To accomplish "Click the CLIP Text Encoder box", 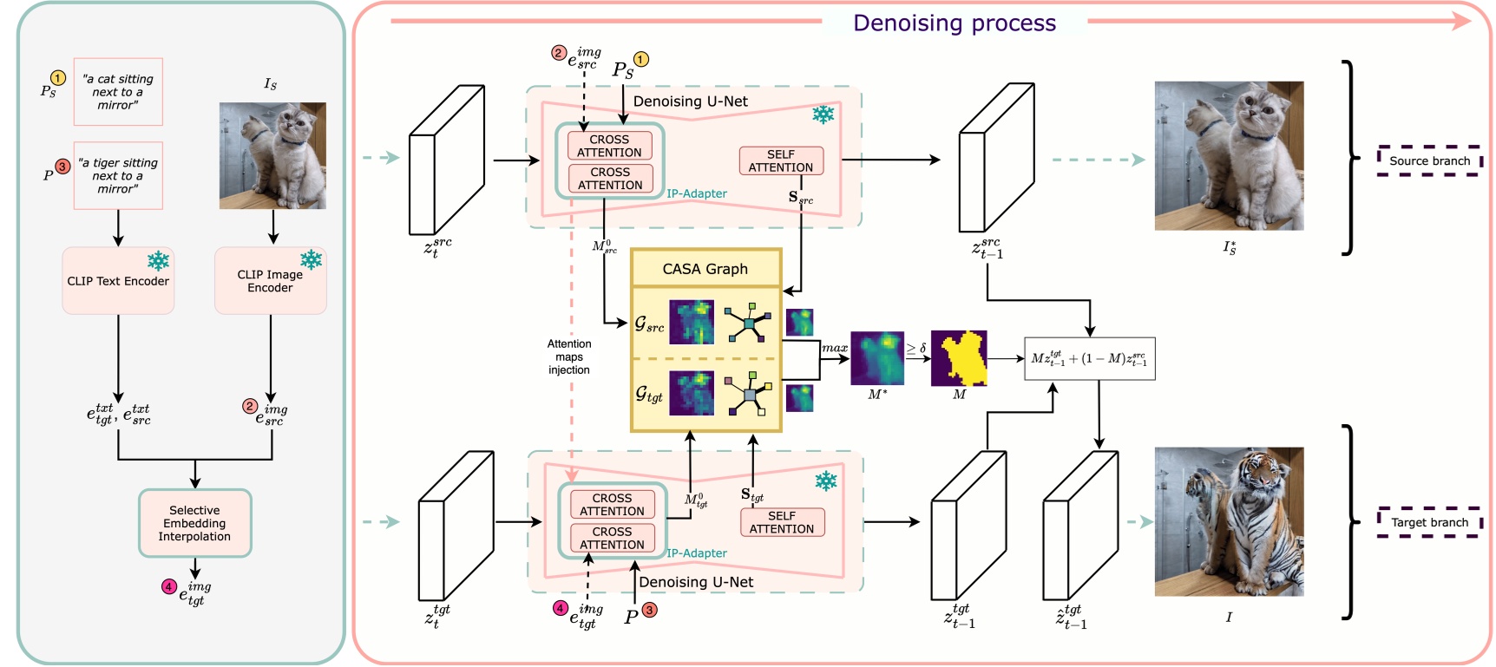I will point(118,281).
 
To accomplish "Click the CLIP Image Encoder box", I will point(270,281).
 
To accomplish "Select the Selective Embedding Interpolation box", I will point(194,523).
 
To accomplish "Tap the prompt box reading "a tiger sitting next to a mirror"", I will point(118,176).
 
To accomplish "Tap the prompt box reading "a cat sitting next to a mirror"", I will point(118,92).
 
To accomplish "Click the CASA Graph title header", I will point(705,269).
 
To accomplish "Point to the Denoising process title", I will point(955,23).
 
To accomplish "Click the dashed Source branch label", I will point(1429,161).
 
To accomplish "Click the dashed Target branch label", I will point(1429,522).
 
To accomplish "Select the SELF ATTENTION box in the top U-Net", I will point(781,161).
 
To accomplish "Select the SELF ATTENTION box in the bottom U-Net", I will point(782,522).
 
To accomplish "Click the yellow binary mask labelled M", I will point(959,358).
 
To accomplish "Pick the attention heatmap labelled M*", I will point(877,358).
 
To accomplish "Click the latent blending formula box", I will point(1089,359).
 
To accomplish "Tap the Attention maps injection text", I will point(569,357).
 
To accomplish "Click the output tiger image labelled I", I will point(1229,521).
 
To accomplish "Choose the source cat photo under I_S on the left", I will point(272,156).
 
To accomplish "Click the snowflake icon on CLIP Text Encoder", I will point(158,260).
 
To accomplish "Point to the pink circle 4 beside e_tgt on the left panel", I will point(169,587).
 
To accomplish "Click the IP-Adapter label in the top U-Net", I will point(697,193).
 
